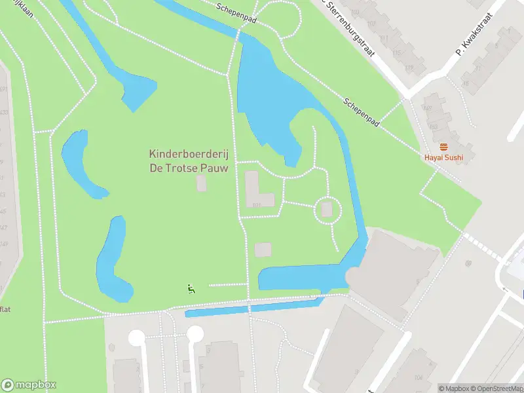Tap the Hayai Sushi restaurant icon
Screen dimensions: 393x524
click(x=443, y=147)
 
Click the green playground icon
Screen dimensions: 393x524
click(x=191, y=288)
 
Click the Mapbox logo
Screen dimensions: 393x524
click(x=29, y=385)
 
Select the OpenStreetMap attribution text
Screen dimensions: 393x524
click(x=493, y=388)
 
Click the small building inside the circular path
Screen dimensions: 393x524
click(x=327, y=210)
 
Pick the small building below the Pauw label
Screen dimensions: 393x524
click(x=201, y=183)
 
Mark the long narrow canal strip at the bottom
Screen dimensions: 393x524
click(x=252, y=307)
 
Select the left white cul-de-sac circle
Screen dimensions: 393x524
click(x=136, y=337)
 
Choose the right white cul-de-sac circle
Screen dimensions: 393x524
click(x=195, y=334)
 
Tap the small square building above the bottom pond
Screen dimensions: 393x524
click(x=263, y=250)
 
